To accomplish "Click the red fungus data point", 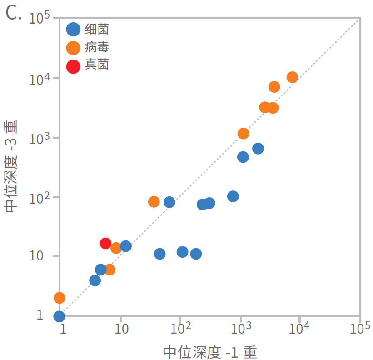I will tap(105, 243).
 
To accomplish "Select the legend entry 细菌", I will tap(97, 30).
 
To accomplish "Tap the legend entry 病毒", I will tap(97, 47).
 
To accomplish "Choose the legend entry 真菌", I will tap(97, 65).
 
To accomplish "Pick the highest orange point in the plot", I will tap(292, 77).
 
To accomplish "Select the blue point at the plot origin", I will tap(59, 316).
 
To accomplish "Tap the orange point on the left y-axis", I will tap(60, 298).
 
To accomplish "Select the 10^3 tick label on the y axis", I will tap(40, 138).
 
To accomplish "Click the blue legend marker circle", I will tap(73, 30).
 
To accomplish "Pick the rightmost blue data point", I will tap(258, 148).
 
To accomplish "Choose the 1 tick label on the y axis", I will tap(40, 315).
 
